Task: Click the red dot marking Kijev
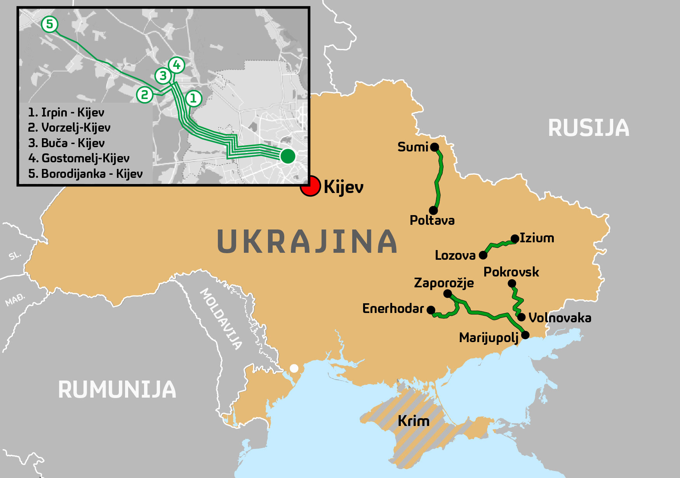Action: pyautogui.click(x=310, y=186)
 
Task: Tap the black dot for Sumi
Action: pyautogui.click(x=435, y=147)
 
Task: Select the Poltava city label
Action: pyautogui.click(x=432, y=220)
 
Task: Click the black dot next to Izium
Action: pyautogui.click(x=515, y=238)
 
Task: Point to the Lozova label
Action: pyautogui.click(x=455, y=255)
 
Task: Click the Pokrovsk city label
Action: pyautogui.click(x=511, y=272)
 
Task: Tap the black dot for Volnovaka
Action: pyautogui.click(x=522, y=317)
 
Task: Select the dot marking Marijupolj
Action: pyautogui.click(x=525, y=335)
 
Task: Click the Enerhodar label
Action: pyautogui.click(x=393, y=308)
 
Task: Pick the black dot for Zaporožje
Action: pyautogui.click(x=448, y=294)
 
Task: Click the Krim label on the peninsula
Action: pyautogui.click(x=413, y=421)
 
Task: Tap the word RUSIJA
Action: pyautogui.click(x=588, y=128)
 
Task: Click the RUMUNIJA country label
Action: pyautogui.click(x=117, y=389)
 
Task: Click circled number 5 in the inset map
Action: pyautogui.click(x=49, y=24)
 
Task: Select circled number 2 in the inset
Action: pyautogui.click(x=144, y=94)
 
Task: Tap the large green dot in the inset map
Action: pyautogui.click(x=288, y=156)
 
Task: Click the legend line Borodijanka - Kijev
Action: pyautogui.click(x=85, y=174)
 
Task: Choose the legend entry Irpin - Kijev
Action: pyautogui.click(x=66, y=113)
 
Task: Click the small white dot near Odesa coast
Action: pyautogui.click(x=294, y=368)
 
